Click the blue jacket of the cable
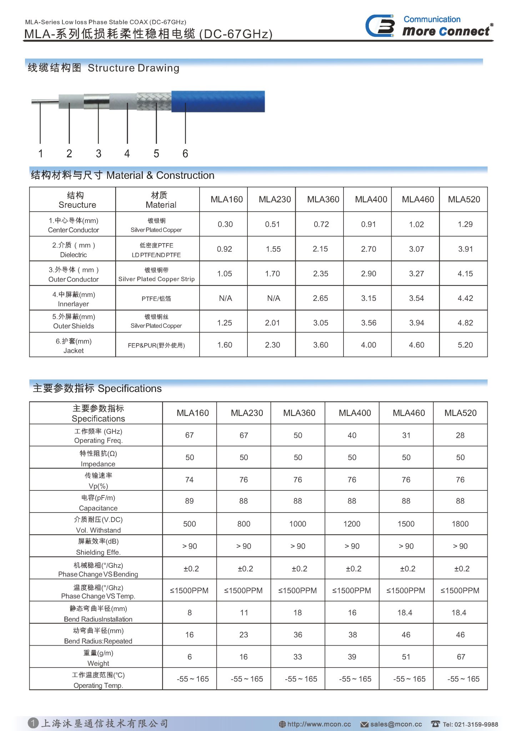pos(218,101)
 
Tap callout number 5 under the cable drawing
pos(156,153)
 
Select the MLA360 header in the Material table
pos(323,199)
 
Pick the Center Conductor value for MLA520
pos(465,224)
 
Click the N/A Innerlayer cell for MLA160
pos(225,298)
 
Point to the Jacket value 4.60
pos(416,345)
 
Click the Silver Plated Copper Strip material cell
pos(156,274)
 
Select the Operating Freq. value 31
pos(406,435)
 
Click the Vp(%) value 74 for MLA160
pos(189,480)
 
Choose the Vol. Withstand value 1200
pos(352,524)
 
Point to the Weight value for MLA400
pos(352,657)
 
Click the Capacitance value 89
pos(189,501)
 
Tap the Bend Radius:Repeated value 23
pos(244,635)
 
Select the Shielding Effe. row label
pos(98,546)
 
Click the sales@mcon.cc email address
pos(396,724)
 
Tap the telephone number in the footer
pos(470,724)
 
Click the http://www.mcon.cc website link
pos(319,724)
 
